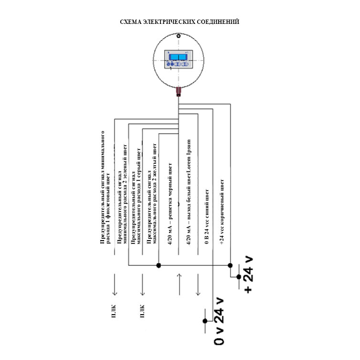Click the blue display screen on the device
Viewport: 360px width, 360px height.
pyautogui.click(x=178, y=57)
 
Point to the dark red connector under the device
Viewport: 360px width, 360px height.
pyautogui.click(x=178, y=91)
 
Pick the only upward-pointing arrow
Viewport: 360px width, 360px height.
pyautogui.click(x=178, y=285)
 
